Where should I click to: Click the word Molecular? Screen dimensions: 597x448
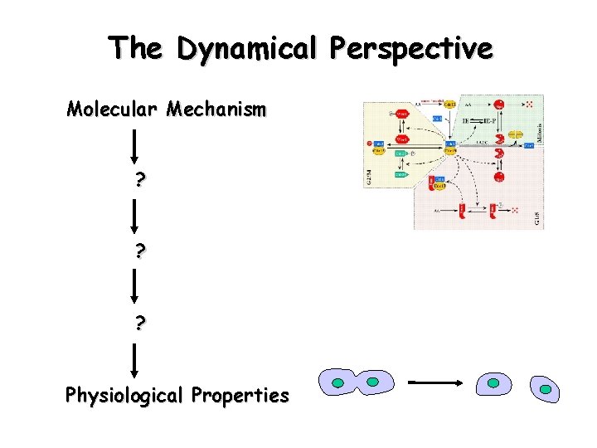[x=113, y=109]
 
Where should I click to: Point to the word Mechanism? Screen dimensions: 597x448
[x=216, y=109]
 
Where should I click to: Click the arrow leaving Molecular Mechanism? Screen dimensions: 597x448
[x=133, y=144]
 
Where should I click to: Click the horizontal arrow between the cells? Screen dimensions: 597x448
[x=434, y=382]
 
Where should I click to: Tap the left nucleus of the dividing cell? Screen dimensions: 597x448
[x=338, y=382]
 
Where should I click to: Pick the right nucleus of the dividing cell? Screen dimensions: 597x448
[x=373, y=382]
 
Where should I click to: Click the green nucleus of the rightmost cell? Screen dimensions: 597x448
[x=545, y=388]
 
